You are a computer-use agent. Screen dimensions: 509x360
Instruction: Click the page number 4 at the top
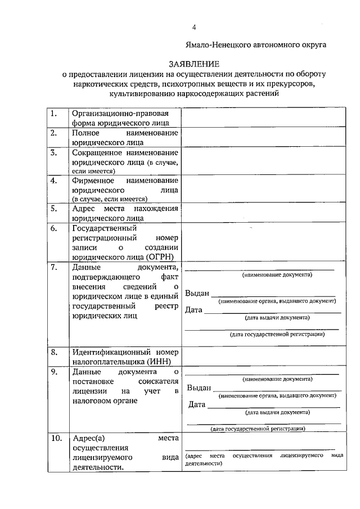tap(194, 27)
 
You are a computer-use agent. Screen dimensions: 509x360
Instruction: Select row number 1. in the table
tap(54, 113)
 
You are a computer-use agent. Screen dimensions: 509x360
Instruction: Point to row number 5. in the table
tap(54, 208)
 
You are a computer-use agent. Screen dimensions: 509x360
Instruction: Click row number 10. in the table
tap(56, 438)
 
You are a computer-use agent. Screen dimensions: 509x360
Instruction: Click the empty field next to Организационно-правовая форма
tap(263, 118)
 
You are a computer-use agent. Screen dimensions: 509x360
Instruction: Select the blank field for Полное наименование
tap(263, 137)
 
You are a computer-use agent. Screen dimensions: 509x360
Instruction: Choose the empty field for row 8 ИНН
tap(263, 357)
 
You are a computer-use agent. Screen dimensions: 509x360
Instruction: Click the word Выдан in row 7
tap(197, 294)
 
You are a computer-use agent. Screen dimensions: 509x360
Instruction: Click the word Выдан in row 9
tap(199, 388)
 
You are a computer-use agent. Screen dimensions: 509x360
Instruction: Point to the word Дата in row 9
tap(196, 404)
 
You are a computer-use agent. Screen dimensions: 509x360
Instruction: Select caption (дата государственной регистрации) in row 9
tap(258, 429)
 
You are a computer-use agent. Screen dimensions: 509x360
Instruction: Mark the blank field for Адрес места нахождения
tap(263, 213)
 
